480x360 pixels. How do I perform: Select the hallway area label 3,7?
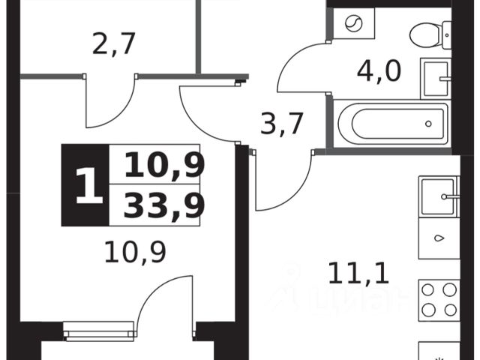[281, 123]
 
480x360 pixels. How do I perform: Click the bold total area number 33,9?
[164, 205]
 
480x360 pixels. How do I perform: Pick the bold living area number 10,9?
[164, 165]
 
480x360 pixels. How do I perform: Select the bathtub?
[390, 122]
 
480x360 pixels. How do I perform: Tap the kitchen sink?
[438, 197]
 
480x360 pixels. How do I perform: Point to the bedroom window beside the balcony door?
[98, 330]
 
